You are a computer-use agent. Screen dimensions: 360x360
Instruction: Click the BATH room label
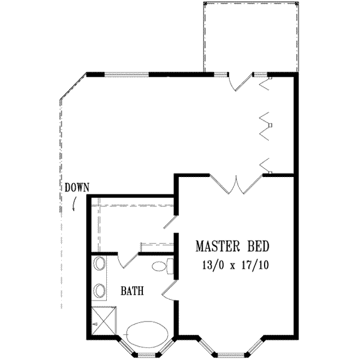pos(132,292)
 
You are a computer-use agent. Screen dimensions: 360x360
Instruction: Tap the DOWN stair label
pos(77,187)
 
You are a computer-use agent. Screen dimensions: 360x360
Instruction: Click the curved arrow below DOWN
pos(74,204)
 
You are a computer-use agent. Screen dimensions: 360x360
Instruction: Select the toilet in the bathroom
pos(162,265)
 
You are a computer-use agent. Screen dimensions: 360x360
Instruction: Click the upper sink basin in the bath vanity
pos(99,264)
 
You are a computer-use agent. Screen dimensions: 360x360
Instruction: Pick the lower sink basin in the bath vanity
pos(99,291)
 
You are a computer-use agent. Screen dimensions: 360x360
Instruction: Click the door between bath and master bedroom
pos(169,290)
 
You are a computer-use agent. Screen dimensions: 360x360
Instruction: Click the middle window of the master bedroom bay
pos(230,352)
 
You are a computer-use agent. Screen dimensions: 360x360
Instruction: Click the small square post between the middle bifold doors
pos(271,125)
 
